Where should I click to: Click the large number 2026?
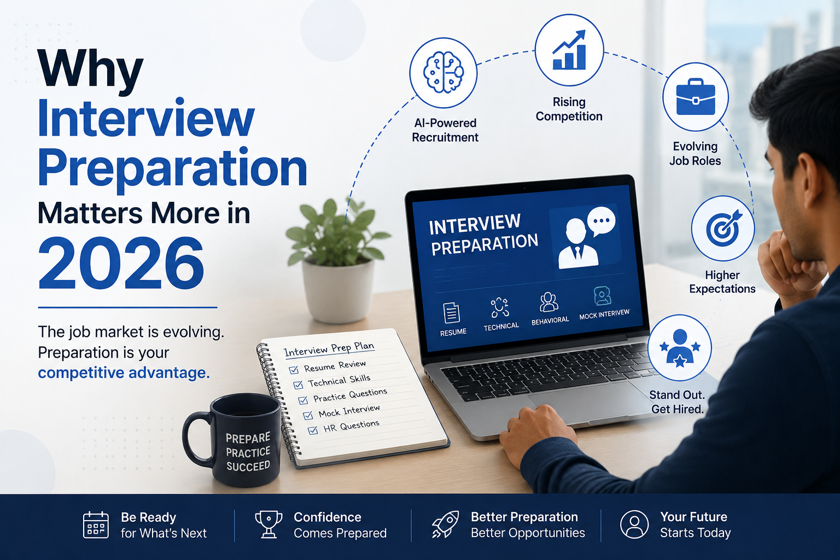tap(121, 263)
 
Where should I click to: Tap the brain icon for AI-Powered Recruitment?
tap(444, 73)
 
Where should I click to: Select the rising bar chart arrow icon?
tap(569, 50)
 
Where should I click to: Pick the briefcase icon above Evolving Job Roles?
tap(696, 97)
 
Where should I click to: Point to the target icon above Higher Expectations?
tap(722, 228)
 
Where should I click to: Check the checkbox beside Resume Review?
tap(294, 370)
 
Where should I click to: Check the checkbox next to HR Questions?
tap(313, 430)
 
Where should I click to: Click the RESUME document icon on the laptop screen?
tap(451, 313)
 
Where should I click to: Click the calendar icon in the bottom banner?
tap(96, 525)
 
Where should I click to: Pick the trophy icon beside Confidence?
tap(269, 524)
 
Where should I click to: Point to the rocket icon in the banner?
tap(445, 524)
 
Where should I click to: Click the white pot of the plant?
tap(339, 290)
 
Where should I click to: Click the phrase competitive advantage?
tap(124, 373)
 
